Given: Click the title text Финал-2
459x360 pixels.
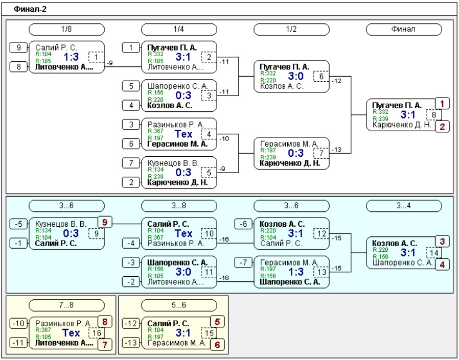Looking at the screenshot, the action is [x=30, y=9].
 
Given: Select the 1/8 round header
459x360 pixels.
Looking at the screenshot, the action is [x=66, y=29].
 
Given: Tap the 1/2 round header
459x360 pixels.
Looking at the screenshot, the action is [x=291, y=29].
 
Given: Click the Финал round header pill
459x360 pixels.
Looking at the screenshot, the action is [x=404, y=29].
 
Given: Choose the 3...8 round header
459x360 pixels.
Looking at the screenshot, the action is [x=179, y=206].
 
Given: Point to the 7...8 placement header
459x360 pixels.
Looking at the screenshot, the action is [x=66, y=305].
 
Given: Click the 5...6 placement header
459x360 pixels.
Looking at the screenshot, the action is [x=179, y=305].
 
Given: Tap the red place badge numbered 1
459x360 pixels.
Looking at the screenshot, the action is [x=442, y=104].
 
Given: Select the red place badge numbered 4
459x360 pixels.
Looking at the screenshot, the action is [x=442, y=265].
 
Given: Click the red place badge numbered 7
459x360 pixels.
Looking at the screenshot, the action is [x=105, y=345].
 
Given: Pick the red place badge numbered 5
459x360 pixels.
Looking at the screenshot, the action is [x=217, y=322].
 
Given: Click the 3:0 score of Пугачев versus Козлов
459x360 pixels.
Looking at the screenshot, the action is [x=295, y=76].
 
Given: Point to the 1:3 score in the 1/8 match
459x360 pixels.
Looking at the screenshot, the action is [x=71, y=57].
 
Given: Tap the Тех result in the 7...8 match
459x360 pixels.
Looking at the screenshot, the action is [x=71, y=333].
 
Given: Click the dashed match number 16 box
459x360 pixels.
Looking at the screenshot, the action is [x=96, y=333].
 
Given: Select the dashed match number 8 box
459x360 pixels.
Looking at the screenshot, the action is [x=433, y=115].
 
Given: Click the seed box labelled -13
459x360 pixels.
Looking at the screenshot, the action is [x=130, y=343].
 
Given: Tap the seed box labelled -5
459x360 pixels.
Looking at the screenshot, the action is [x=18, y=224].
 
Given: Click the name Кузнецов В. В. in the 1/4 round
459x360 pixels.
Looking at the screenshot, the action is [x=173, y=163].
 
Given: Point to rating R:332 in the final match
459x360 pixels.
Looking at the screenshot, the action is [x=380, y=112].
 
